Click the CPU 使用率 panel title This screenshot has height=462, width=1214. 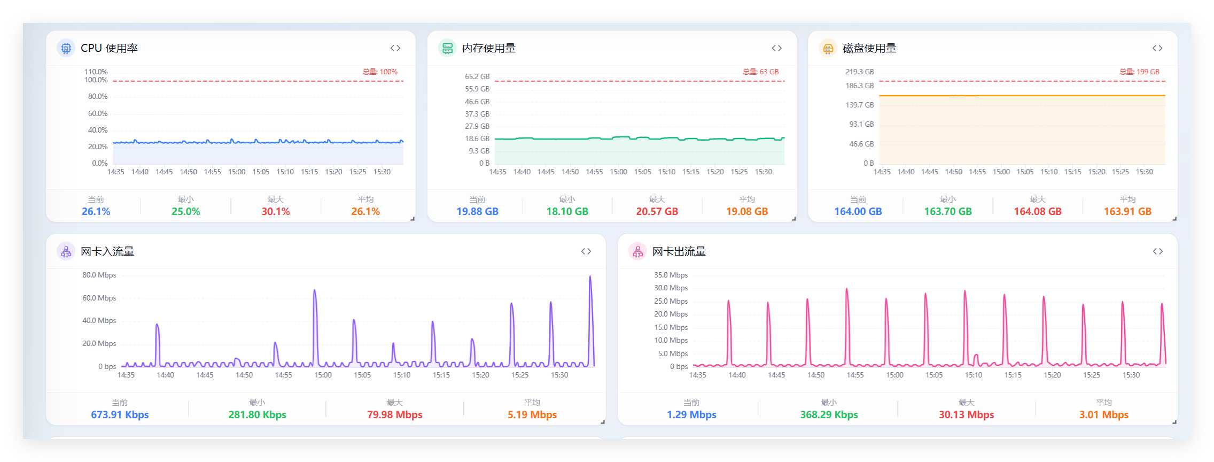click(x=109, y=48)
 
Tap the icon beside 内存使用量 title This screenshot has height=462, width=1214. click(x=447, y=48)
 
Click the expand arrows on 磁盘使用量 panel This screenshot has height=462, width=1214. click(x=1157, y=48)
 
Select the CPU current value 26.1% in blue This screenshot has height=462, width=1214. click(x=96, y=211)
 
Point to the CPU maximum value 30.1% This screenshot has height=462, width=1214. click(x=276, y=211)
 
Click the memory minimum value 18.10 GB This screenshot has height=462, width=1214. click(x=567, y=211)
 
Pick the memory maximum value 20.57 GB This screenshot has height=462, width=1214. click(x=657, y=211)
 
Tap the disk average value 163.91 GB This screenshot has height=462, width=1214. click(x=1127, y=211)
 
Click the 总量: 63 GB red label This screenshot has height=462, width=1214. click(x=761, y=72)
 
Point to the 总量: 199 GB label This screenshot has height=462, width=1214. click(x=1140, y=72)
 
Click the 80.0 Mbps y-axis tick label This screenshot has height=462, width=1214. click(x=99, y=275)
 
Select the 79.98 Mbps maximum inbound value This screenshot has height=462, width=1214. click(x=395, y=414)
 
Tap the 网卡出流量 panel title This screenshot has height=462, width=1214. click(x=679, y=251)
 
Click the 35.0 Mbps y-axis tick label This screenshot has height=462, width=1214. click(x=671, y=275)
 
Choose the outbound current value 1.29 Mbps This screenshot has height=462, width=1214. click(x=691, y=414)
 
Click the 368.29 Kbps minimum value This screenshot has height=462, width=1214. click(x=829, y=414)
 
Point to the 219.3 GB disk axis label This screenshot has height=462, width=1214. click(x=860, y=72)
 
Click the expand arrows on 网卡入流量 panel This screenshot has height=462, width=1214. click(x=586, y=251)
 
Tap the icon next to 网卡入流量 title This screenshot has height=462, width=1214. click(x=66, y=251)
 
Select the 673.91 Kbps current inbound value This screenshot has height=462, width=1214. click(x=120, y=414)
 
